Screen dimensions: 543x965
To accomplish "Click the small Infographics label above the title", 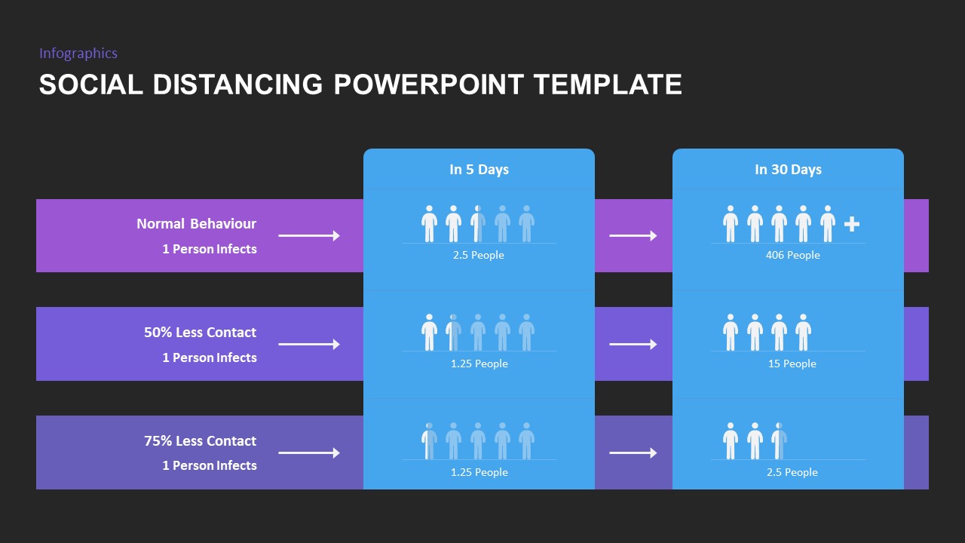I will click(x=78, y=53).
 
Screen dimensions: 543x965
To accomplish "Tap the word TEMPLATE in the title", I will click(x=608, y=84).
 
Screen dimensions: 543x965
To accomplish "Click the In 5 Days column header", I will click(x=479, y=170).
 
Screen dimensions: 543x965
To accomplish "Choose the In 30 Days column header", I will click(x=788, y=170).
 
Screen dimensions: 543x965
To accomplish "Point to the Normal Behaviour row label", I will click(x=196, y=224).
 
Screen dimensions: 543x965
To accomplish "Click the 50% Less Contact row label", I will click(x=200, y=333).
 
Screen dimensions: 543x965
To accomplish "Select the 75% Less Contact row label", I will click(x=200, y=441).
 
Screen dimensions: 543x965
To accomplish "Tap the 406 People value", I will click(x=792, y=256).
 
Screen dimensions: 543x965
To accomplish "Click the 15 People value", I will click(x=792, y=364).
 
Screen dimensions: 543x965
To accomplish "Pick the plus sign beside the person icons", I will click(x=852, y=224).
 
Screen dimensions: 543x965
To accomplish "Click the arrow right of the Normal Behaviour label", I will click(x=309, y=236).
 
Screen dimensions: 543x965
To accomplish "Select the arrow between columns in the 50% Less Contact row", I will click(x=633, y=345).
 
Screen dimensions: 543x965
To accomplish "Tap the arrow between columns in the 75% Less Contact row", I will click(x=633, y=453).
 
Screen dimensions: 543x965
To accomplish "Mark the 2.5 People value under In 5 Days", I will click(x=479, y=256).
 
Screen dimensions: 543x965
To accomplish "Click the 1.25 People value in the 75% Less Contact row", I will click(x=479, y=473).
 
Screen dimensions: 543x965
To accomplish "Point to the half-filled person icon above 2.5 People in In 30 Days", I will click(x=779, y=441).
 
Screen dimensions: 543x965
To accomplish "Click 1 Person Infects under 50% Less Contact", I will click(x=210, y=357).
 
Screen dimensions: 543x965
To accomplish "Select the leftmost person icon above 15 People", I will click(x=731, y=333).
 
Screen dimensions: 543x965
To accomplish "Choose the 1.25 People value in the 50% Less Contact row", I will click(x=479, y=364).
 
